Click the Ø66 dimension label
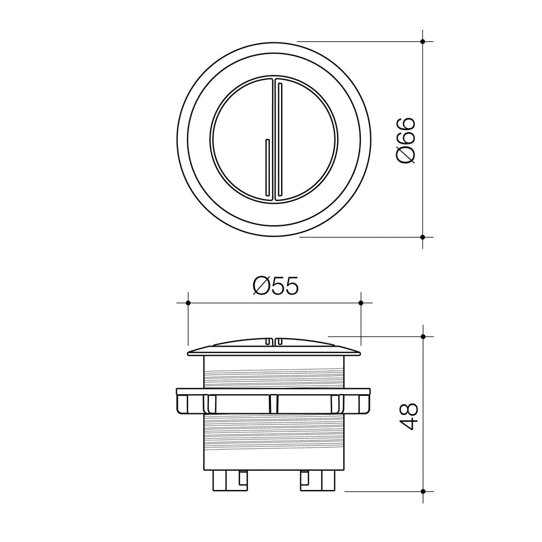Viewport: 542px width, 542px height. [405, 139]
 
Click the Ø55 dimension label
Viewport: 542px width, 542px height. [276, 286]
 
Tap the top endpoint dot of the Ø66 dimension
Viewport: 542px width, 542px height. [423, 41]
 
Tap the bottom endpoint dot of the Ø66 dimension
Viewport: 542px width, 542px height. [423, 237]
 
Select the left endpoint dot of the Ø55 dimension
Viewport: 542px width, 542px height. [188, 303]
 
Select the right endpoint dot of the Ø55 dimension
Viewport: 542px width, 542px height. [361, 303]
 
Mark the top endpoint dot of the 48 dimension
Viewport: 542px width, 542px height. [423, 336]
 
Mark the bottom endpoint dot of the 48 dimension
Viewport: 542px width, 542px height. [423, 491]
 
